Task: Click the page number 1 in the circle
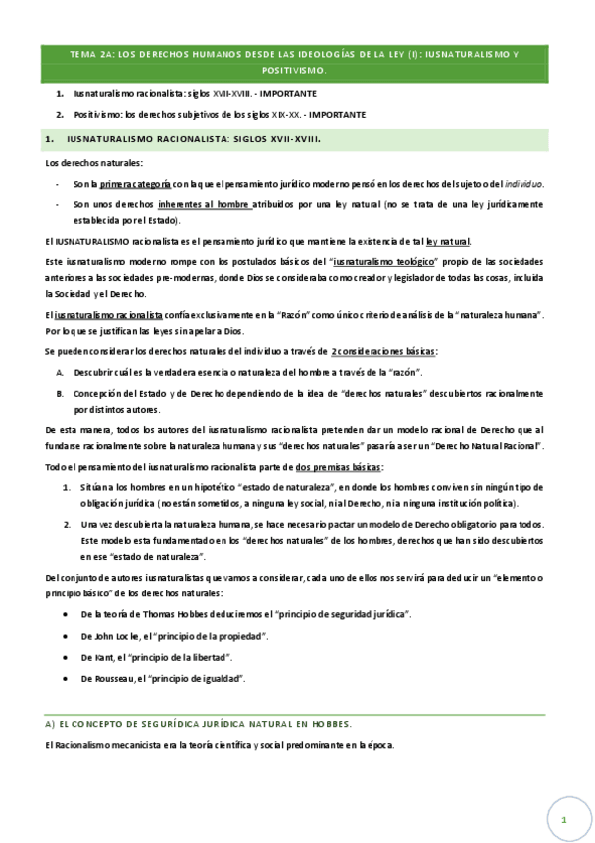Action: [562, 821]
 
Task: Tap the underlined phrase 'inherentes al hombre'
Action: [205, 204]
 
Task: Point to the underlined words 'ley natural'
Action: [449, 242]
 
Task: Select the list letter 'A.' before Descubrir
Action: [61, 372]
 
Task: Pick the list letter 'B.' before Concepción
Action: [61, 393]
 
